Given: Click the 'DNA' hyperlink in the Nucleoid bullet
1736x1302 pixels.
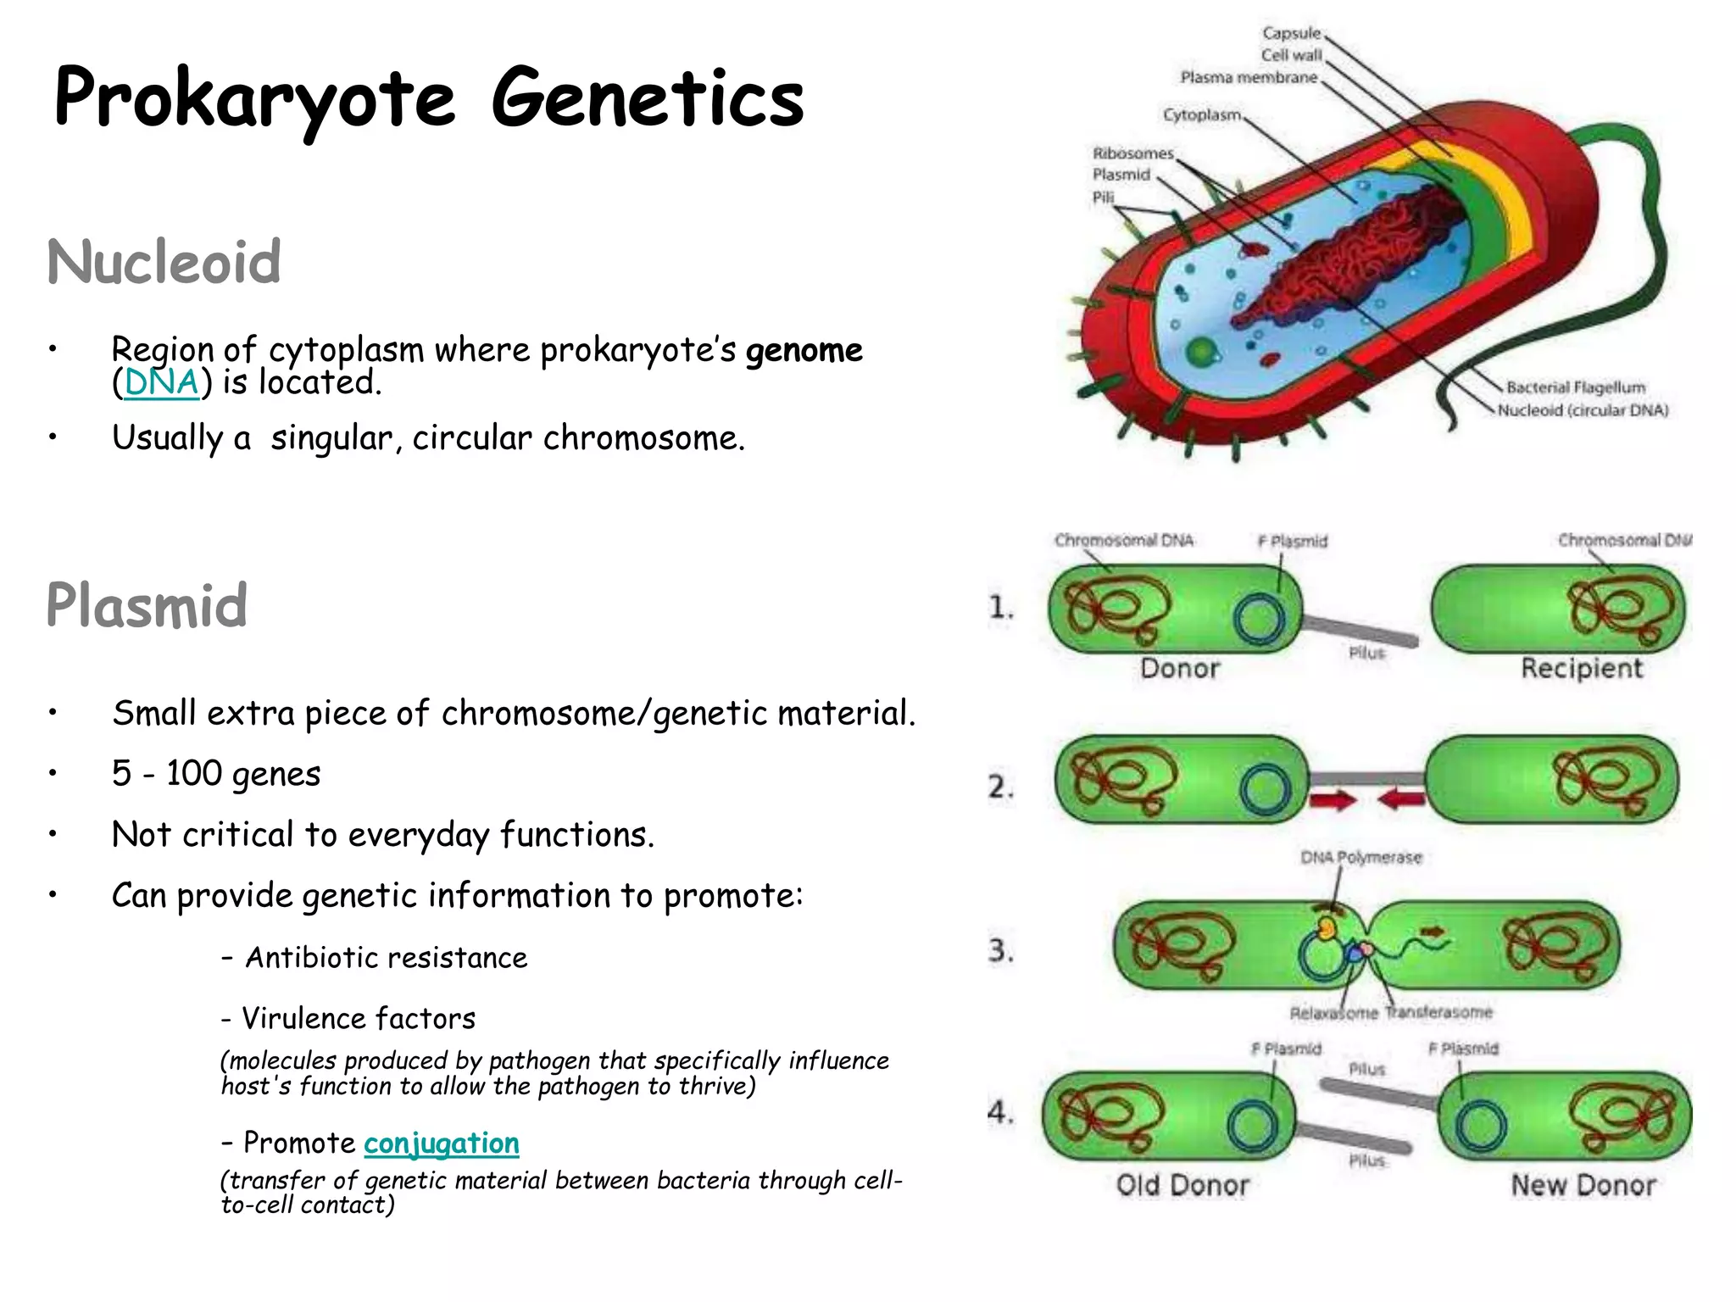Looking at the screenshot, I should pyautogui.click(x=161, y=383).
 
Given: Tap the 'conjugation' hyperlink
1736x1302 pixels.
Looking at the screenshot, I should pyautogui.click(x=441, y=1143).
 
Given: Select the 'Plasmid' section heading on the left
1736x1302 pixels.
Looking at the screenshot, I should pyautogui.click(x=147, y=605).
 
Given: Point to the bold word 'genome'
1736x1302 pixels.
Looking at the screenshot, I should pyautogui.click(x=804, y=350).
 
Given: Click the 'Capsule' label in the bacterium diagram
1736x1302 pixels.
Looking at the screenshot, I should pyautogui.click(x=1291, y=33).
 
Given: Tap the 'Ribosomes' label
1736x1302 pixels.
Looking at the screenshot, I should pyautogui.click(x=1132, y=153).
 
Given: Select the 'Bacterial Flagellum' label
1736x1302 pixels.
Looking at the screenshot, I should pyautogui.click(x=1575, y=387).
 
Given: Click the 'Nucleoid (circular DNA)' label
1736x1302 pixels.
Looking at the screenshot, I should pyautogui.click(x=1583, y=410).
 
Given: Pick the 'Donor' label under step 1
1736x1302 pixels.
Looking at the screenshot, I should pyautogui.click(x=1179, y=668).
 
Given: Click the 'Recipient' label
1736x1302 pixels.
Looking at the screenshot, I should pyautogui.click(x=1581, y=668).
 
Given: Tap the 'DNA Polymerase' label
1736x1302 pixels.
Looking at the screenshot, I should pyautogui.click(x=1360, y=857).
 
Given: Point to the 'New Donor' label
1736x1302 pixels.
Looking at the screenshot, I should pyautogui.click(x=1583, y=1185).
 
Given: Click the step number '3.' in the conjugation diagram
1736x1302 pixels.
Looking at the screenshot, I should pyautogui.click(x=1000, y=950).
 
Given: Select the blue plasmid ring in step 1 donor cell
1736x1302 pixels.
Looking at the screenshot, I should pyautogui.click(x=1260, y=619).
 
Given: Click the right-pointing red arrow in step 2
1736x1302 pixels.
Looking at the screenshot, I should pyautogui.click(x=1334, y=799).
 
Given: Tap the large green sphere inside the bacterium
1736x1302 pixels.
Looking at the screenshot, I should pyautogui.click(x=1200, y=351).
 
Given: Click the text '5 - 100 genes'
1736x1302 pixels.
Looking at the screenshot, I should pyautogui.click(x=216, y=774).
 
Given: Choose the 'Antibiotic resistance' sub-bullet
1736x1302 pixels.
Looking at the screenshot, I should pyautogui.click(x=386, y=958).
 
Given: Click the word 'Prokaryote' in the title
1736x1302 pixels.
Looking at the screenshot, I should pyautogui.click(x=254, y=98).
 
